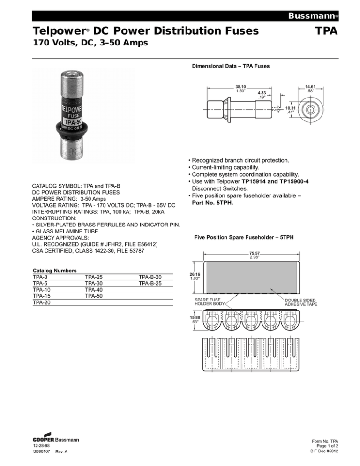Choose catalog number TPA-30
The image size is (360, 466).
click(94, 284)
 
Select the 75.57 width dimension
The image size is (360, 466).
click(255, 255)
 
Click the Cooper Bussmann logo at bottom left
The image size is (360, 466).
click(56, 440)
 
